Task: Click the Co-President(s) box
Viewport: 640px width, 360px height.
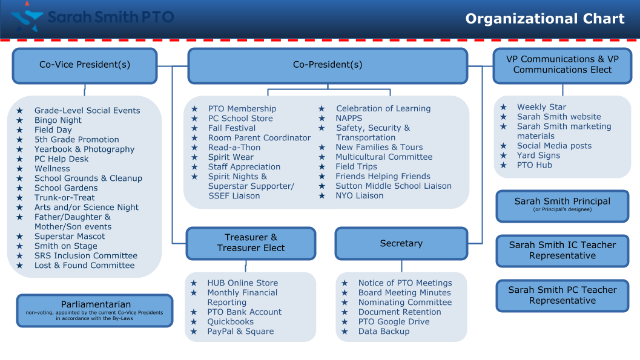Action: pyautogui.click(x=328, y=65)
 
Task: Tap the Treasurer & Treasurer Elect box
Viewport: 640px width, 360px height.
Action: pyautogui.click(x=251, y=243)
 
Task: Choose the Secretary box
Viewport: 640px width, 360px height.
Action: pyautogui.click(x=401, y=243)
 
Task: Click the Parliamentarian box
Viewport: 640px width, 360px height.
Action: pyautogui.click(x=95, y=310)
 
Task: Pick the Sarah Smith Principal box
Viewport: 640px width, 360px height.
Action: pyautogui.click(x=562, y=206)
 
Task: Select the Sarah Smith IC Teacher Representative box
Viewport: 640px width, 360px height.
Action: pyautogui.click(x=562, y=250)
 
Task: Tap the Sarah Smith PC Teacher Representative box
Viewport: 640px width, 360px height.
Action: pyautogui.click(x=562, y=295)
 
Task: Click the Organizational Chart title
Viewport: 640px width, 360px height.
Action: pyautogui.click(x=545, y=19)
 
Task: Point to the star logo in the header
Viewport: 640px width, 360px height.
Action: pyautogui.click(x=26, y=17)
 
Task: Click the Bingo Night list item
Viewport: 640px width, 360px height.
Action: pyautogui.click(x=58, y=120)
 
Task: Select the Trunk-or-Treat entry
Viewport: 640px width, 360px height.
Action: pyautogui.click(x=65, y=198)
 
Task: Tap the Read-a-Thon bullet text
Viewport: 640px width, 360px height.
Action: pyautogui.click(x=234, y=148)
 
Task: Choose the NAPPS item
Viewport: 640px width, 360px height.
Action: pyautogui.click(x=349, y=119)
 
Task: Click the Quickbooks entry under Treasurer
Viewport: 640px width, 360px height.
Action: pyautogui.click(x=231, y=322)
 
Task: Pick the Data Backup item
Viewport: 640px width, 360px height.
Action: pyautogui.click(x=384, y=332)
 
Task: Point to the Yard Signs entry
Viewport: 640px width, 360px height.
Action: pyautogui.click(x=538, y=155)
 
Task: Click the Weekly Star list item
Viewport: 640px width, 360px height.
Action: pyautogui.click(x=541, y=107)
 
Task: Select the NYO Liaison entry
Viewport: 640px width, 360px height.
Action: pyautogui.click(x=360, y=196)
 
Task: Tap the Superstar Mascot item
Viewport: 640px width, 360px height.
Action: pyautogui.click(x=70, y=237)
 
